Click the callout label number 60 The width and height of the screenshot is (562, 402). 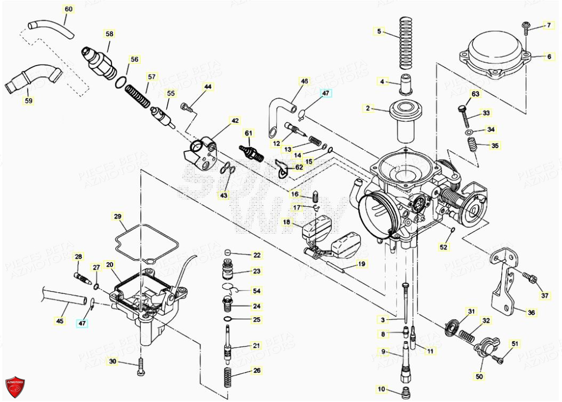coord(69,9)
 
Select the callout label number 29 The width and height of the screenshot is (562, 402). coord(117,216)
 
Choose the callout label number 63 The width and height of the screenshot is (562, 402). coord(475,94)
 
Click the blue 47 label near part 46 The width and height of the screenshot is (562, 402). coord(325,93)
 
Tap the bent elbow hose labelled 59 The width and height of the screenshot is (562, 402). coord(33,78)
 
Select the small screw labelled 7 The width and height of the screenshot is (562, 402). coord(526,25)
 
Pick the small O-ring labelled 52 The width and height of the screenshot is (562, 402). coord(452,230)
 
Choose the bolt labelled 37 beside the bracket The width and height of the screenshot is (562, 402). coord(529,277)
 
